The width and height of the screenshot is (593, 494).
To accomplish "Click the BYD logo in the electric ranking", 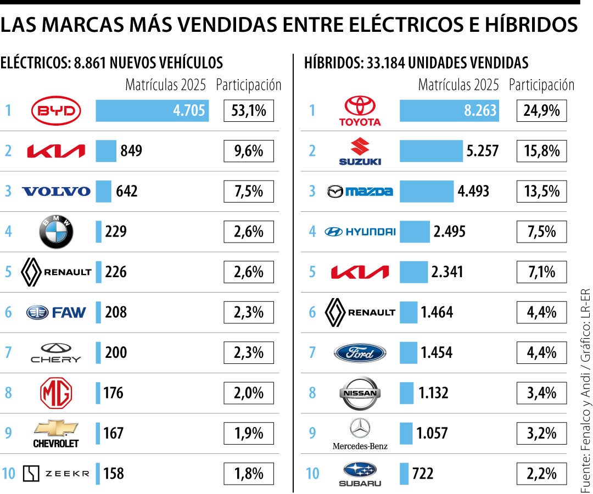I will (56, 111).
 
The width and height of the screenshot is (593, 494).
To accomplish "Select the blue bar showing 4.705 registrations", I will (152, 111).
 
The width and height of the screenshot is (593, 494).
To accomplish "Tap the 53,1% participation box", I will (249, 111).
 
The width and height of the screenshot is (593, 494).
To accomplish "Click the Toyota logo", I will (360, 111).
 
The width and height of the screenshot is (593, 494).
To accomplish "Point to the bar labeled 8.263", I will (449, 111).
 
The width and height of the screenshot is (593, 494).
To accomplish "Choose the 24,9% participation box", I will (541, 111).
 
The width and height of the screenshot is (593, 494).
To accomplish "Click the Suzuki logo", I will (360, 151).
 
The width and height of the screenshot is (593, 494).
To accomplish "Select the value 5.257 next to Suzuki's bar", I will (482, 151).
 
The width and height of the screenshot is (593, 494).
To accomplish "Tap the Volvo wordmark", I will (56, 192).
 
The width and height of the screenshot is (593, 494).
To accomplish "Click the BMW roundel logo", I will (56, 232).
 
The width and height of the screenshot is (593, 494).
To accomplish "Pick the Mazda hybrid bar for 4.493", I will (427, 192).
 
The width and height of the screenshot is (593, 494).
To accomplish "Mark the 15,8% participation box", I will (541, 151).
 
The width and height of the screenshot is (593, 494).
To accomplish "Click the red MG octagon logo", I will (56, 393).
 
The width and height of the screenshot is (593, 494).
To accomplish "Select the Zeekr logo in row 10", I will (56, 473).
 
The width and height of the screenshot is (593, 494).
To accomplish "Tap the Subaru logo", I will (360, 473).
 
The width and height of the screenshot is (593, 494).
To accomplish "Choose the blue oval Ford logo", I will (360, 352).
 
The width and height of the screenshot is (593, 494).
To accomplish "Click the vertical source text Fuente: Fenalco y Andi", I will (585, 417).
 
